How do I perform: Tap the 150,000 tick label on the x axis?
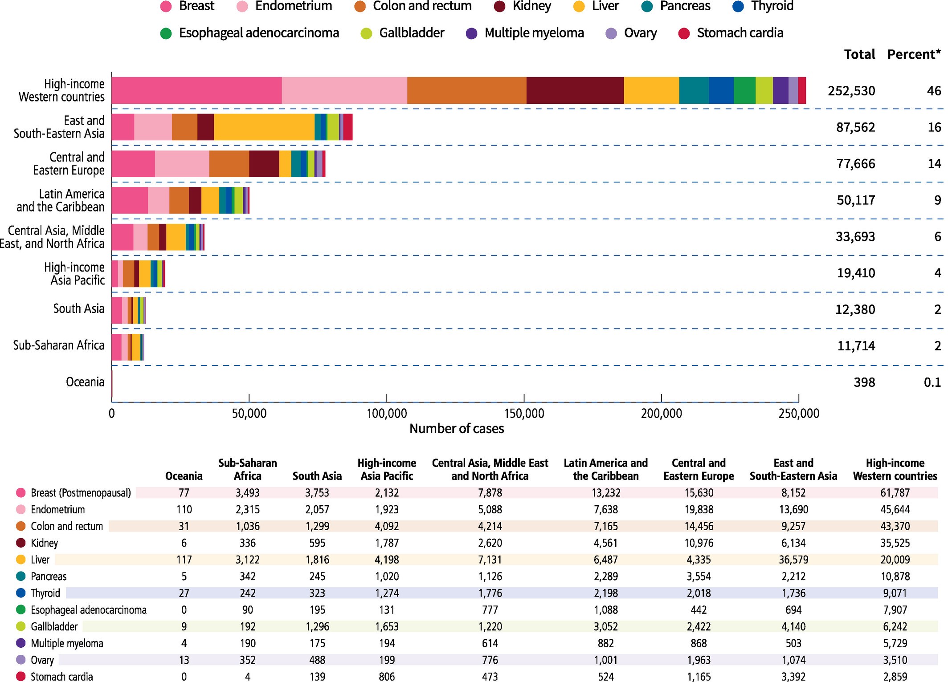click(x=524, y=414)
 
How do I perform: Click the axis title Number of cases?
click(x=457, y=429)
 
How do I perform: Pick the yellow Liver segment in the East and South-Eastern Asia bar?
click(x=264, y=127)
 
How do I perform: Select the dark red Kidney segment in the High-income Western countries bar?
click(x=575, y=90)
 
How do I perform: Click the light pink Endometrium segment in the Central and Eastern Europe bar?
click(x=182, y=164)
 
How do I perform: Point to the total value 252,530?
click(x=851, y=91)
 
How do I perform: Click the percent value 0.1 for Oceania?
click(x=932, y=382)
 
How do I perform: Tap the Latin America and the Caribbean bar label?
click(x=61, y=200)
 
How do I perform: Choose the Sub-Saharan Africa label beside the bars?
click(x=58, y=345)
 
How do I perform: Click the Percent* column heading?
click(x=914, y=54)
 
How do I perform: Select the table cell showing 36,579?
click(x=793, y=560)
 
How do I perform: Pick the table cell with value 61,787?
click(x=895, y=493)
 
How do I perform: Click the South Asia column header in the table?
click(x=317, y=476)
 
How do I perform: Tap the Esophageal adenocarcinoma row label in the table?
click(x=88, y=610)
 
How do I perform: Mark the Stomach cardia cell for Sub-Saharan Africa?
click(x=248, y=677)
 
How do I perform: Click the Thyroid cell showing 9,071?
click(x=895, y=593)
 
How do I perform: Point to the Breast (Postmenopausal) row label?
click(x=81, y=493)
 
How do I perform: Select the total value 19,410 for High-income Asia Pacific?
click(x=855, y=273)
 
